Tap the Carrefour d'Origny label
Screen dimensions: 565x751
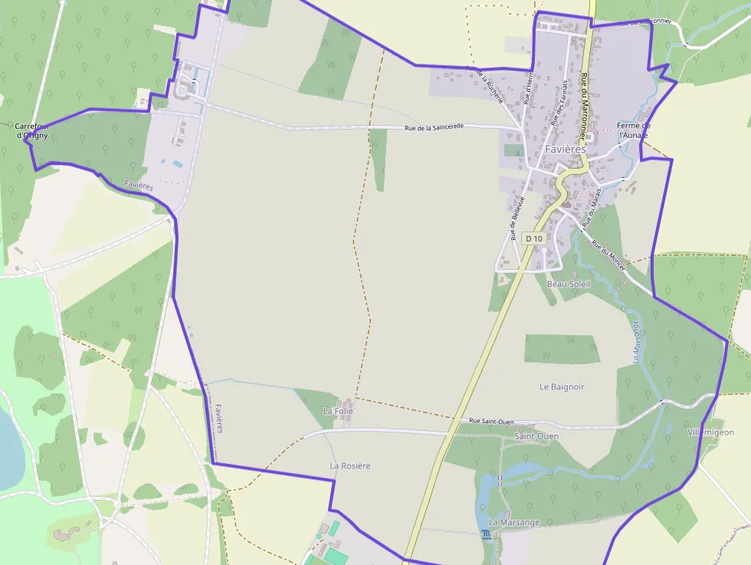pos(31,130)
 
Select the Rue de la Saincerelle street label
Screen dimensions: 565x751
pos(435,126)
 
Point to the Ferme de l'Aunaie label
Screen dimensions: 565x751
pos(634,130)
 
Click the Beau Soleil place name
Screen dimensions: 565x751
pos(569,284)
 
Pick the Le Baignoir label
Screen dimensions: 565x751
pos(562,387)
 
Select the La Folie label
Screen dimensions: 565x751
pos(338,411)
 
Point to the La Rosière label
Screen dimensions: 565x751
pos(350,465)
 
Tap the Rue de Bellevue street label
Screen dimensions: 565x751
pos(517,218)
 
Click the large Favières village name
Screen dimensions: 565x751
pos(566,149)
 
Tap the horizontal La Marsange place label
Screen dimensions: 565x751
pos(514,523)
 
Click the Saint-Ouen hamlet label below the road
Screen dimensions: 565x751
pos(536,436)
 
